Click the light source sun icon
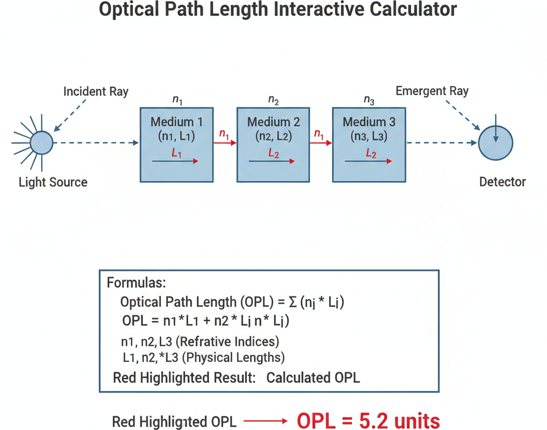[41, 143]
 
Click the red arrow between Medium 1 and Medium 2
[225, 143]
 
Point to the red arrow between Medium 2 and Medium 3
[321, 143]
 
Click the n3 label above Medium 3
[369, 100]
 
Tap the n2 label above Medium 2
[273, 100]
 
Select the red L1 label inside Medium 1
[176, 153]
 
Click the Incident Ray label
[96, 91]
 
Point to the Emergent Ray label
[432, 91]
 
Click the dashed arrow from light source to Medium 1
[96, 143]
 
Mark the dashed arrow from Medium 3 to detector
[442, 143]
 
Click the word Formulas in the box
[136, 283]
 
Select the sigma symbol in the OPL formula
[293, 302]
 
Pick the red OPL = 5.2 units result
[368, 421]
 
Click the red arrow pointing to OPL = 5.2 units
[265, 421]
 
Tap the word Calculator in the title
[413, 9]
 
